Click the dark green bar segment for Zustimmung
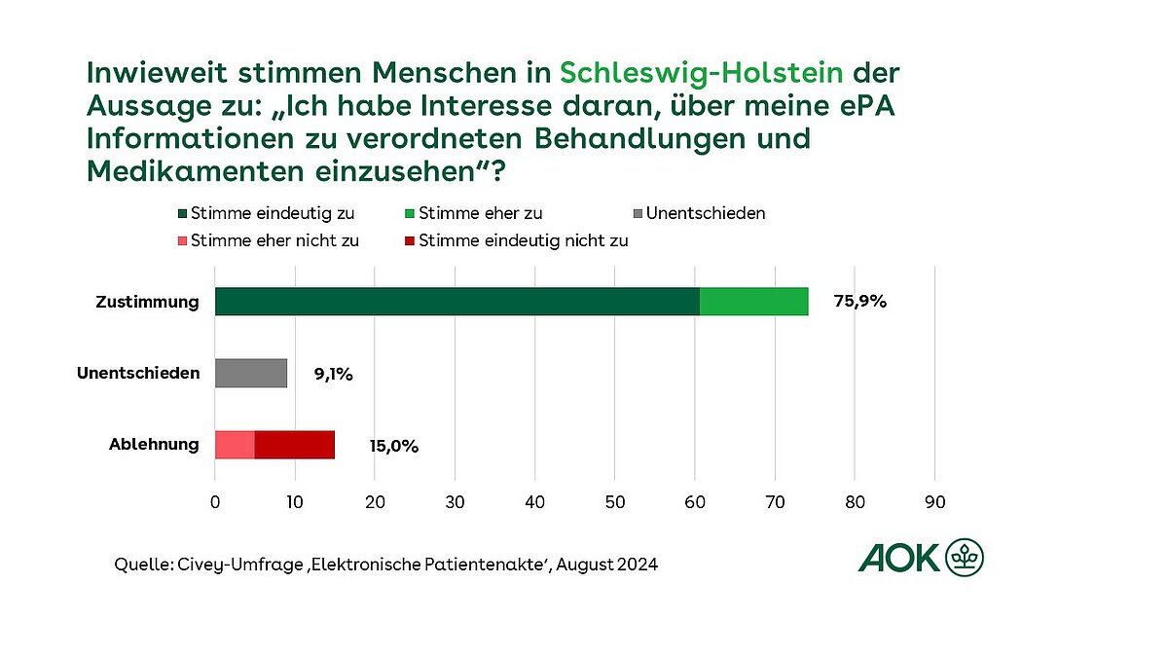457,302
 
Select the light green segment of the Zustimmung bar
754,302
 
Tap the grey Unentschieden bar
251,373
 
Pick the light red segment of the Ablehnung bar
235,445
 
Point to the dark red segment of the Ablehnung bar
295,445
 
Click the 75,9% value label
860,302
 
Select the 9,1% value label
333,374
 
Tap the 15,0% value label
393,447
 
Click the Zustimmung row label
147,302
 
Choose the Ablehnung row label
154,445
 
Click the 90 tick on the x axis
934,502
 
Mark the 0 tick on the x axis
215,502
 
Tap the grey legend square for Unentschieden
639,213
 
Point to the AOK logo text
899,558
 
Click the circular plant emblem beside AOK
965,558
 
